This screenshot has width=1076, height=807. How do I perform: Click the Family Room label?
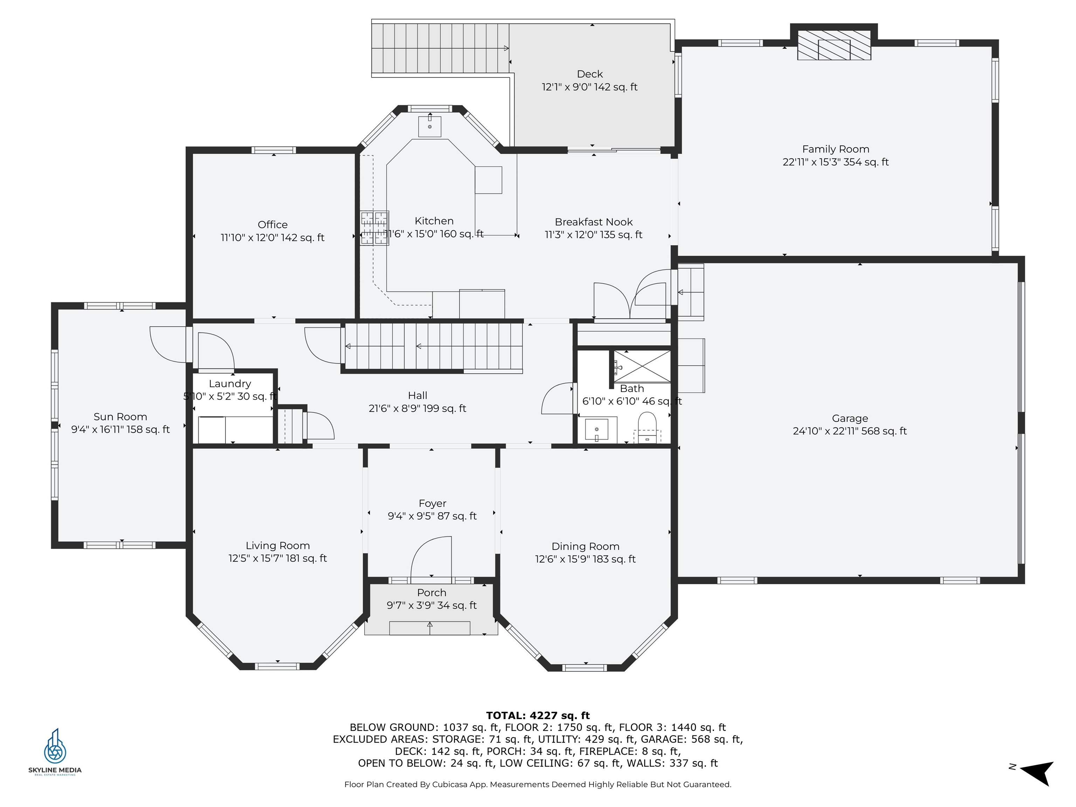[x=835, y=149]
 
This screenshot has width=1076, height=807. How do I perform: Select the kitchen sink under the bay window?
[x=429, y=126]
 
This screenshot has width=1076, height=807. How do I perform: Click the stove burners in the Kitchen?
[x=374, y=228]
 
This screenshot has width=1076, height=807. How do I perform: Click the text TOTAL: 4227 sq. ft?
[x=538, y=716]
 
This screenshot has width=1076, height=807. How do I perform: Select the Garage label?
[x=849, y=418]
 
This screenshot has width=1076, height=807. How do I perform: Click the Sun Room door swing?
[x=168, y=344]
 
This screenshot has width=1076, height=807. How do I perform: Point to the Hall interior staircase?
[x=433, y=346]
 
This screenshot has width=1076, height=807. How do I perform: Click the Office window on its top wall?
[x=273, y=150]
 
